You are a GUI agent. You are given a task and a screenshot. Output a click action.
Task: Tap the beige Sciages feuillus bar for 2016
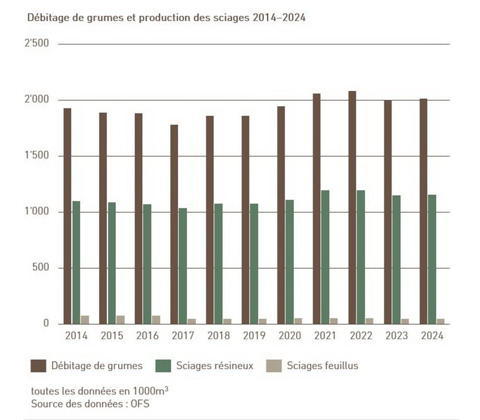156,320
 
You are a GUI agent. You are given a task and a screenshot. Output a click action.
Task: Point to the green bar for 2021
325,257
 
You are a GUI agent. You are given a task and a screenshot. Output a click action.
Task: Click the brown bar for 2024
424,211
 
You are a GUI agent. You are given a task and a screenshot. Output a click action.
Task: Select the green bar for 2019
254,264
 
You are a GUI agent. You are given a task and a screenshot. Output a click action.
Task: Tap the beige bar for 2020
298,321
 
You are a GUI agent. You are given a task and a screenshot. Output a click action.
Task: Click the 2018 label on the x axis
219,336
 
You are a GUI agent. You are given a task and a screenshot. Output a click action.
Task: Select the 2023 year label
396,336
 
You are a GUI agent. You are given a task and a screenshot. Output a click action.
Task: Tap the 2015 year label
112,336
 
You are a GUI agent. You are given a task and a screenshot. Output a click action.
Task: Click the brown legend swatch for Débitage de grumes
38,366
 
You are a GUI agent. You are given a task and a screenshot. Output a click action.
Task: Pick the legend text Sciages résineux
215,366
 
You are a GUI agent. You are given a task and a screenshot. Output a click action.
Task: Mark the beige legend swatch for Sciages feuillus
274,366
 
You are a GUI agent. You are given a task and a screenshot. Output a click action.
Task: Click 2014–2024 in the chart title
279,18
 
